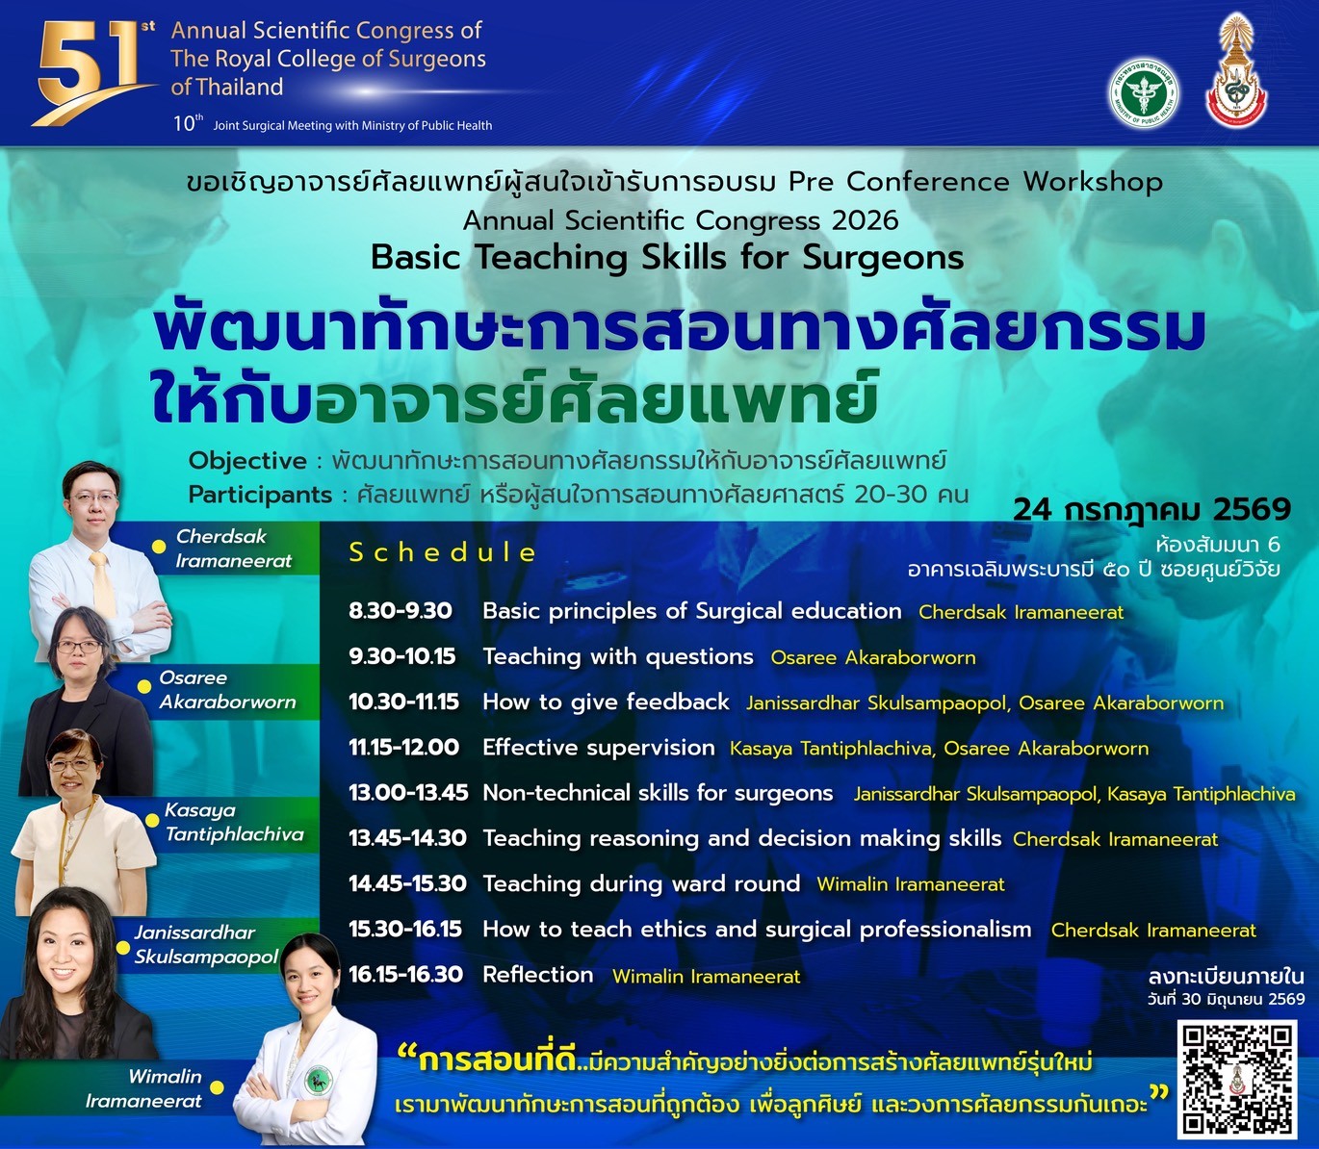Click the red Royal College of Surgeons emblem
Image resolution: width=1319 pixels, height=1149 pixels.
1236,73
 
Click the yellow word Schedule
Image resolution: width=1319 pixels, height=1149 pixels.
442,552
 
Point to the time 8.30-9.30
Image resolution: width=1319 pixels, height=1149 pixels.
401,611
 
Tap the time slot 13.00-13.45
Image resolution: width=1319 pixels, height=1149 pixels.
408,793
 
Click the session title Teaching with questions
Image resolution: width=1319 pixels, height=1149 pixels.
618,656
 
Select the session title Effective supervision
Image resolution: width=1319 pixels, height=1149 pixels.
599,748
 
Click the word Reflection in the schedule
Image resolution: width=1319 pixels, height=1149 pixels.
537,975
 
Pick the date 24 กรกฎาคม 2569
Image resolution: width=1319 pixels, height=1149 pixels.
1151,510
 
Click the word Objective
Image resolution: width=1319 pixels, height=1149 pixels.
247,461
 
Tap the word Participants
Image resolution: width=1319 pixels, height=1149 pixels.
261,495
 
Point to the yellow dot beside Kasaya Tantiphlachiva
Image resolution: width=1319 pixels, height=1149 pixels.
152,820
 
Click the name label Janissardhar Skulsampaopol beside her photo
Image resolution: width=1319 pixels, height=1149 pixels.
206,945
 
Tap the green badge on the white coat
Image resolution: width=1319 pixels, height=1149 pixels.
318,1080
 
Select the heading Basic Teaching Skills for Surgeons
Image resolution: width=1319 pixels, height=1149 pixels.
667,258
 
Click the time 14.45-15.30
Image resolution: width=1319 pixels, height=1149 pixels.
407,883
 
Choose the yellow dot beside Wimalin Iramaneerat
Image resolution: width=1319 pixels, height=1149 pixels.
218,1088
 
